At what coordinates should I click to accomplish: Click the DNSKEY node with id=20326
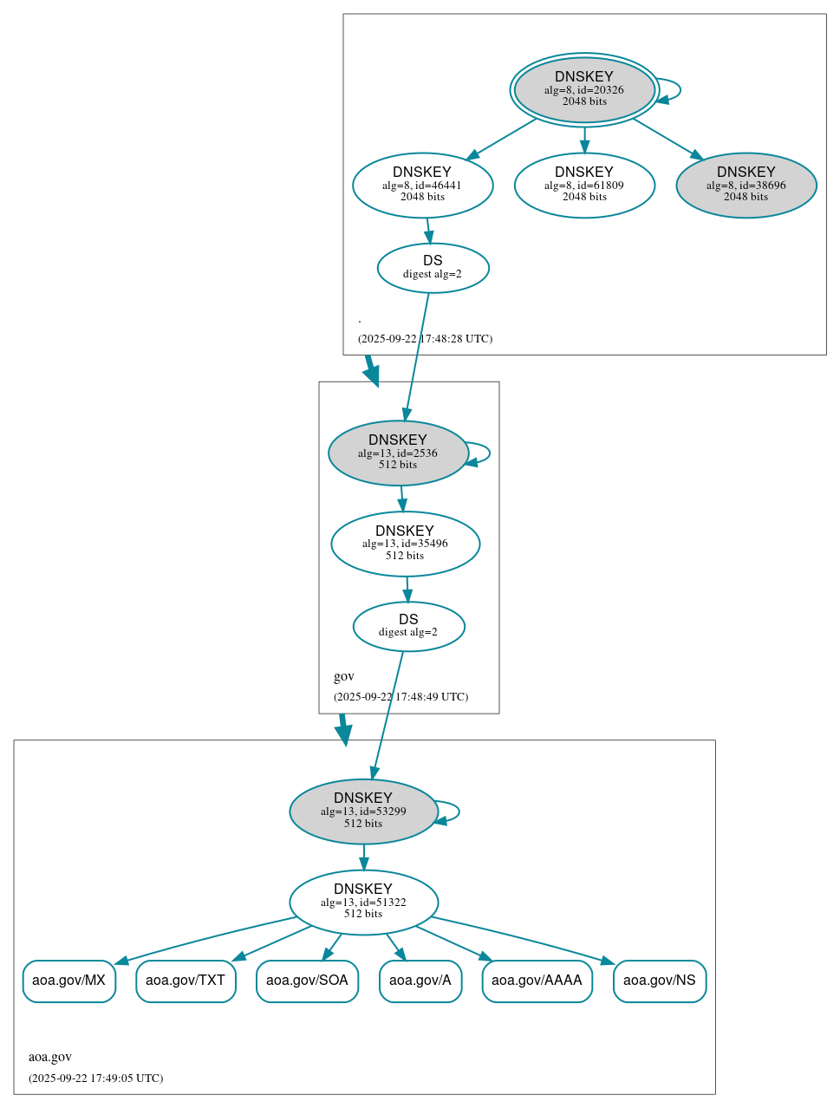[583, 89]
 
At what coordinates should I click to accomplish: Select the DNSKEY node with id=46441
[422, 185]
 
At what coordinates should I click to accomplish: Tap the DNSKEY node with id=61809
[583, 185]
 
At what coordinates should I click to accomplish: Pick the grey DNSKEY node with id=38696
[746, 185]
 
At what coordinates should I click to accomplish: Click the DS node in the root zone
[433, 268]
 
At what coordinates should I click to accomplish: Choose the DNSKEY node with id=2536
[398, 453]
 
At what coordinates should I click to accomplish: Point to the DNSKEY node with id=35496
[405, 544]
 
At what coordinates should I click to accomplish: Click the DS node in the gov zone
[408, 626]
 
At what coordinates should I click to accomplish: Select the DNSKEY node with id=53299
[363, 811]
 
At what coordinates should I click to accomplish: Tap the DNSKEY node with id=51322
[363, 902]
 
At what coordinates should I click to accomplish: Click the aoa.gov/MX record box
[68, 981]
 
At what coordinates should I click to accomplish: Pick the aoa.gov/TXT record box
[186, 981]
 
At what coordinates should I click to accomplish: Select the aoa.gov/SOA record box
[307, 981]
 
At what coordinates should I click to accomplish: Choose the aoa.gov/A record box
[420, 981]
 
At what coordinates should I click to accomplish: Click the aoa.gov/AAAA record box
[537, 981]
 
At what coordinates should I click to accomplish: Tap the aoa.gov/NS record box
[660, 981]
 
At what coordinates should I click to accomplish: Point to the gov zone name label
[344, 676]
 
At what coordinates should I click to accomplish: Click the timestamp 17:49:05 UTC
[95, 1079]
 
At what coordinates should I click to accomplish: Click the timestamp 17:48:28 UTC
[425, 339]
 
